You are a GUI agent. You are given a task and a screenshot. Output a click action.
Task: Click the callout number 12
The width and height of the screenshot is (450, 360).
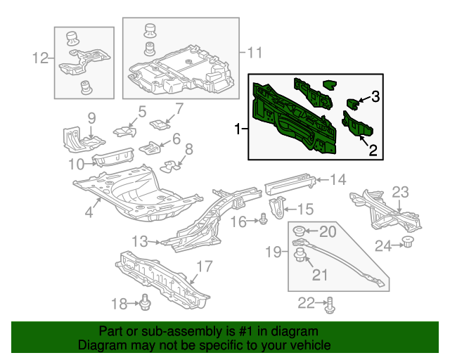tap(41, 58)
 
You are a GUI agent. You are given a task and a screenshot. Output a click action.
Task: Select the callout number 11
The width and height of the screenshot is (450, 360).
tap(253, 52)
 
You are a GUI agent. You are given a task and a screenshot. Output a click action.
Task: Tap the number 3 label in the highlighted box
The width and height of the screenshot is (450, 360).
tap(375, 97)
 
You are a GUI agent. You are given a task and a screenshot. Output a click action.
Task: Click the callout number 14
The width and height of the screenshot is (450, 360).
tap(339, 180)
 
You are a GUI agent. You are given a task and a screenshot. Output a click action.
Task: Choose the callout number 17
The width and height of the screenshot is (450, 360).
tap(203, 266)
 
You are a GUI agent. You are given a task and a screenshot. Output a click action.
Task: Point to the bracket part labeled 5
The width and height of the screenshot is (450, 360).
tap(124, 130)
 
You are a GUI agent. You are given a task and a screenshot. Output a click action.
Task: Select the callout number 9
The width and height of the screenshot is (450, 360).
tap(91, 117)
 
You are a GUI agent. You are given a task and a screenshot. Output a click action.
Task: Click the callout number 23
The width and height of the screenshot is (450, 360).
tap(399, 192)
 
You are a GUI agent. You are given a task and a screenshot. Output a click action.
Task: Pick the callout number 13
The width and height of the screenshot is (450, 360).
tap(140, 241)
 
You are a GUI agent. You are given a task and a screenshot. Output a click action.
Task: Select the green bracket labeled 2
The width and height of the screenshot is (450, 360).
tap(357, 124)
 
